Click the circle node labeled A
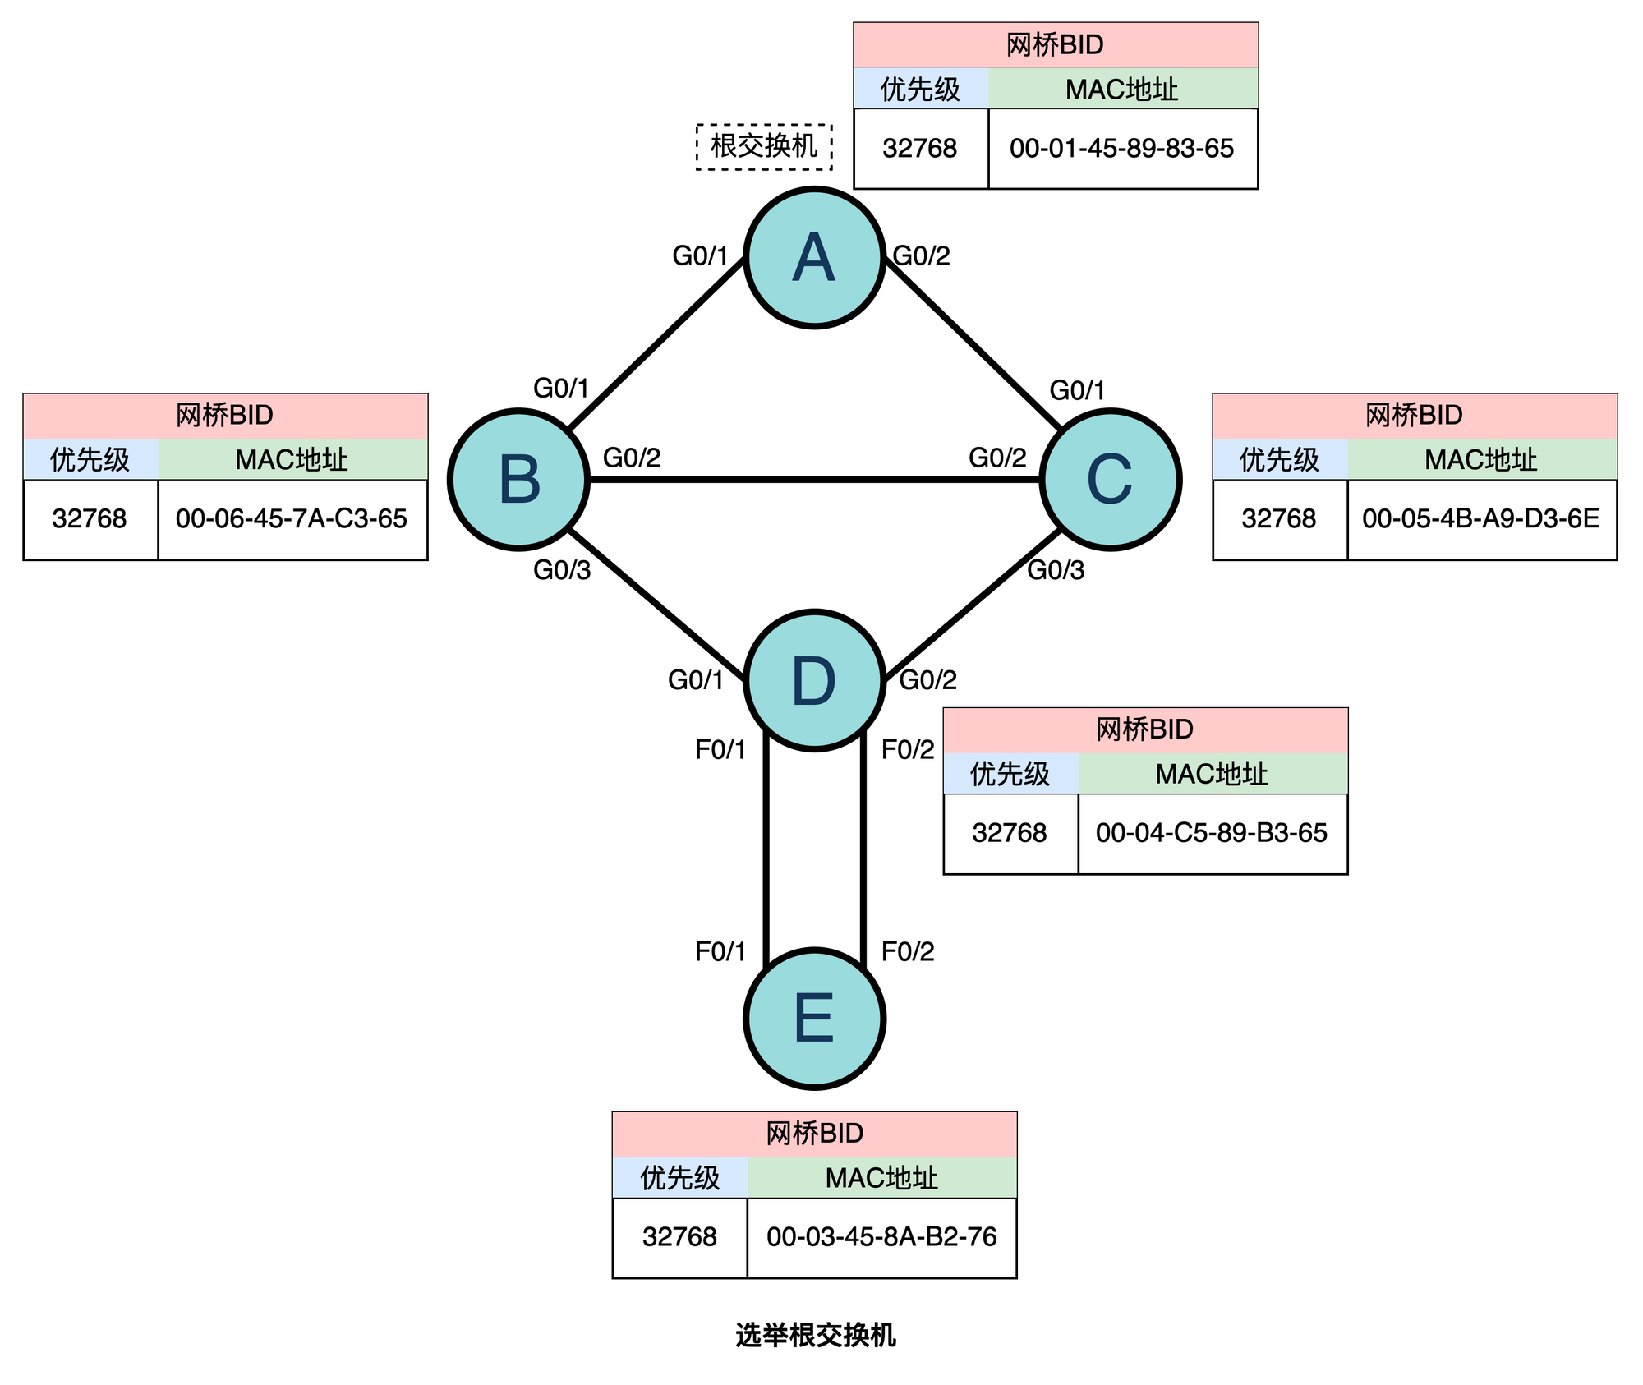pos(814,258)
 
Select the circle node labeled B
pos(518,480)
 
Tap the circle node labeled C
pos(1110,480)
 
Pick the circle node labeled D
pos(814,680)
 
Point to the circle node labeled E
pos(814,1019)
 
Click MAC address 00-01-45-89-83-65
pos(1121,149)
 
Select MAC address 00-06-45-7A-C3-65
pos(292,519)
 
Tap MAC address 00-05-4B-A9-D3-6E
pos(1480,519)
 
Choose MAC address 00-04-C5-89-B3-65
pos(1211,833)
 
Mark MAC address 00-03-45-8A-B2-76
pos(881,1237)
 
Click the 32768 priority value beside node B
pos(90,519)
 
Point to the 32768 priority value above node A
pos(920,149)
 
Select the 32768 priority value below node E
pos(679,1237)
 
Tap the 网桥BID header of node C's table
pos(1414,416)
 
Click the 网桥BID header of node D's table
pos(1144,729)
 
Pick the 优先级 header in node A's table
pos(920,89)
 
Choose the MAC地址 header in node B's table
pos(292,459)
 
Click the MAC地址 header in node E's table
pos(881,1178)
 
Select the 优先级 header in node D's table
pos(1010,774)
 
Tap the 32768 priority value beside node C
pos(1279,519)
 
